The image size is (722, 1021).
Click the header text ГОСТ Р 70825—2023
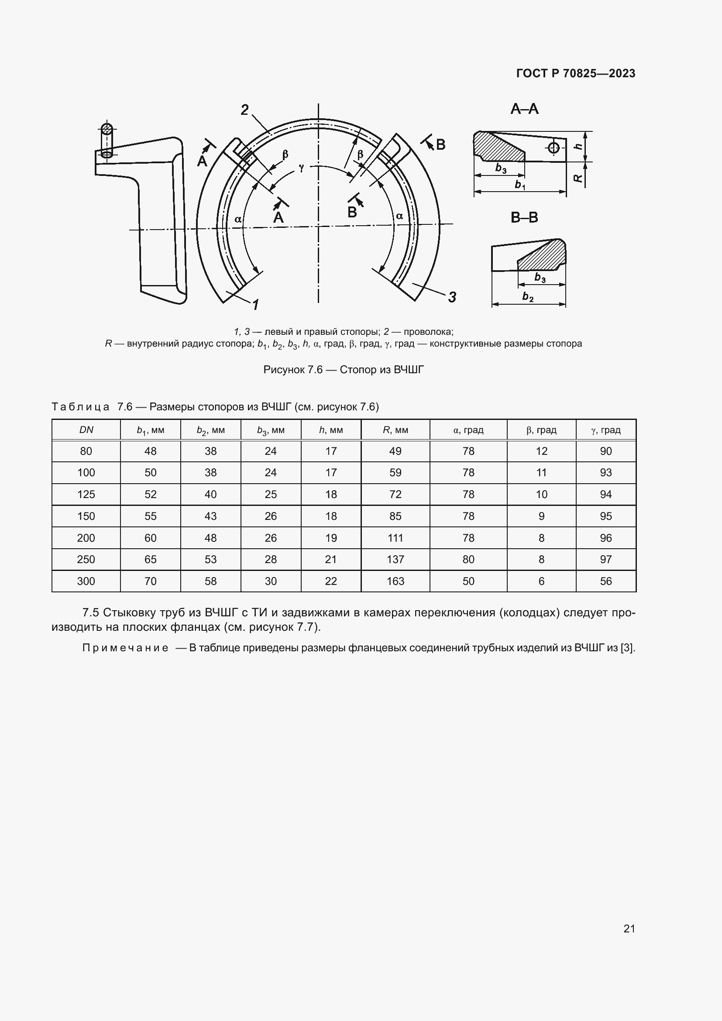(575, 73)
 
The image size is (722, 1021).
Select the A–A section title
(524, 109)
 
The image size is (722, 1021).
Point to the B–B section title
(524, 217)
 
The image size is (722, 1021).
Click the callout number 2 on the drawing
(244, 110)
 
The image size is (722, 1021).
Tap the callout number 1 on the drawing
(256, 305)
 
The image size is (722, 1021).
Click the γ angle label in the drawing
(302, 167)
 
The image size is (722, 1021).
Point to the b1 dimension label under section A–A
(520, 184)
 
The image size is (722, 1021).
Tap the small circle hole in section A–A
(553, 148)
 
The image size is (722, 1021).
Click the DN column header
(86, 430)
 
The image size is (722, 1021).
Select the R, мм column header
(395, 430)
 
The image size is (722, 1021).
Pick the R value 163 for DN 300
(395, 581)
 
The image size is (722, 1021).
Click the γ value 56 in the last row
(605, 581)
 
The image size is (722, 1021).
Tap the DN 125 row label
(86, 495)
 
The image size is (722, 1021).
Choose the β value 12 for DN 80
(541, 451)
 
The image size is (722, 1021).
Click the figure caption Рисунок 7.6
(343, 370)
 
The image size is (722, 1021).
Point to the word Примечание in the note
(125, 648)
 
